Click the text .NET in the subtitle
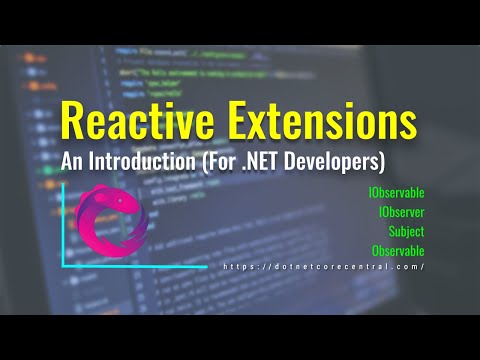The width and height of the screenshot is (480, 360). pos(282,160)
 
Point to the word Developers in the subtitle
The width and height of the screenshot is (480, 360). pos(344,160)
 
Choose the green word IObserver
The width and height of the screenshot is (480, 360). pos(402,213)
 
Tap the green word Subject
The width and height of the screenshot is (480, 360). pos(407,232)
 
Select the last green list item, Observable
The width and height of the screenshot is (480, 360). pos(398,250)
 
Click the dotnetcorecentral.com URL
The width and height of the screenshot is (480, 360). pos(324,267)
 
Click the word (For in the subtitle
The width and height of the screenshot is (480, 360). pos(235,160)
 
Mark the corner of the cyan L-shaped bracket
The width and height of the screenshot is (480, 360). pos(64,265)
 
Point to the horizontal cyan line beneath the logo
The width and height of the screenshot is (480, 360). pos(140,265)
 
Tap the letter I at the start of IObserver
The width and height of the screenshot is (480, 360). pos(381,213)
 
